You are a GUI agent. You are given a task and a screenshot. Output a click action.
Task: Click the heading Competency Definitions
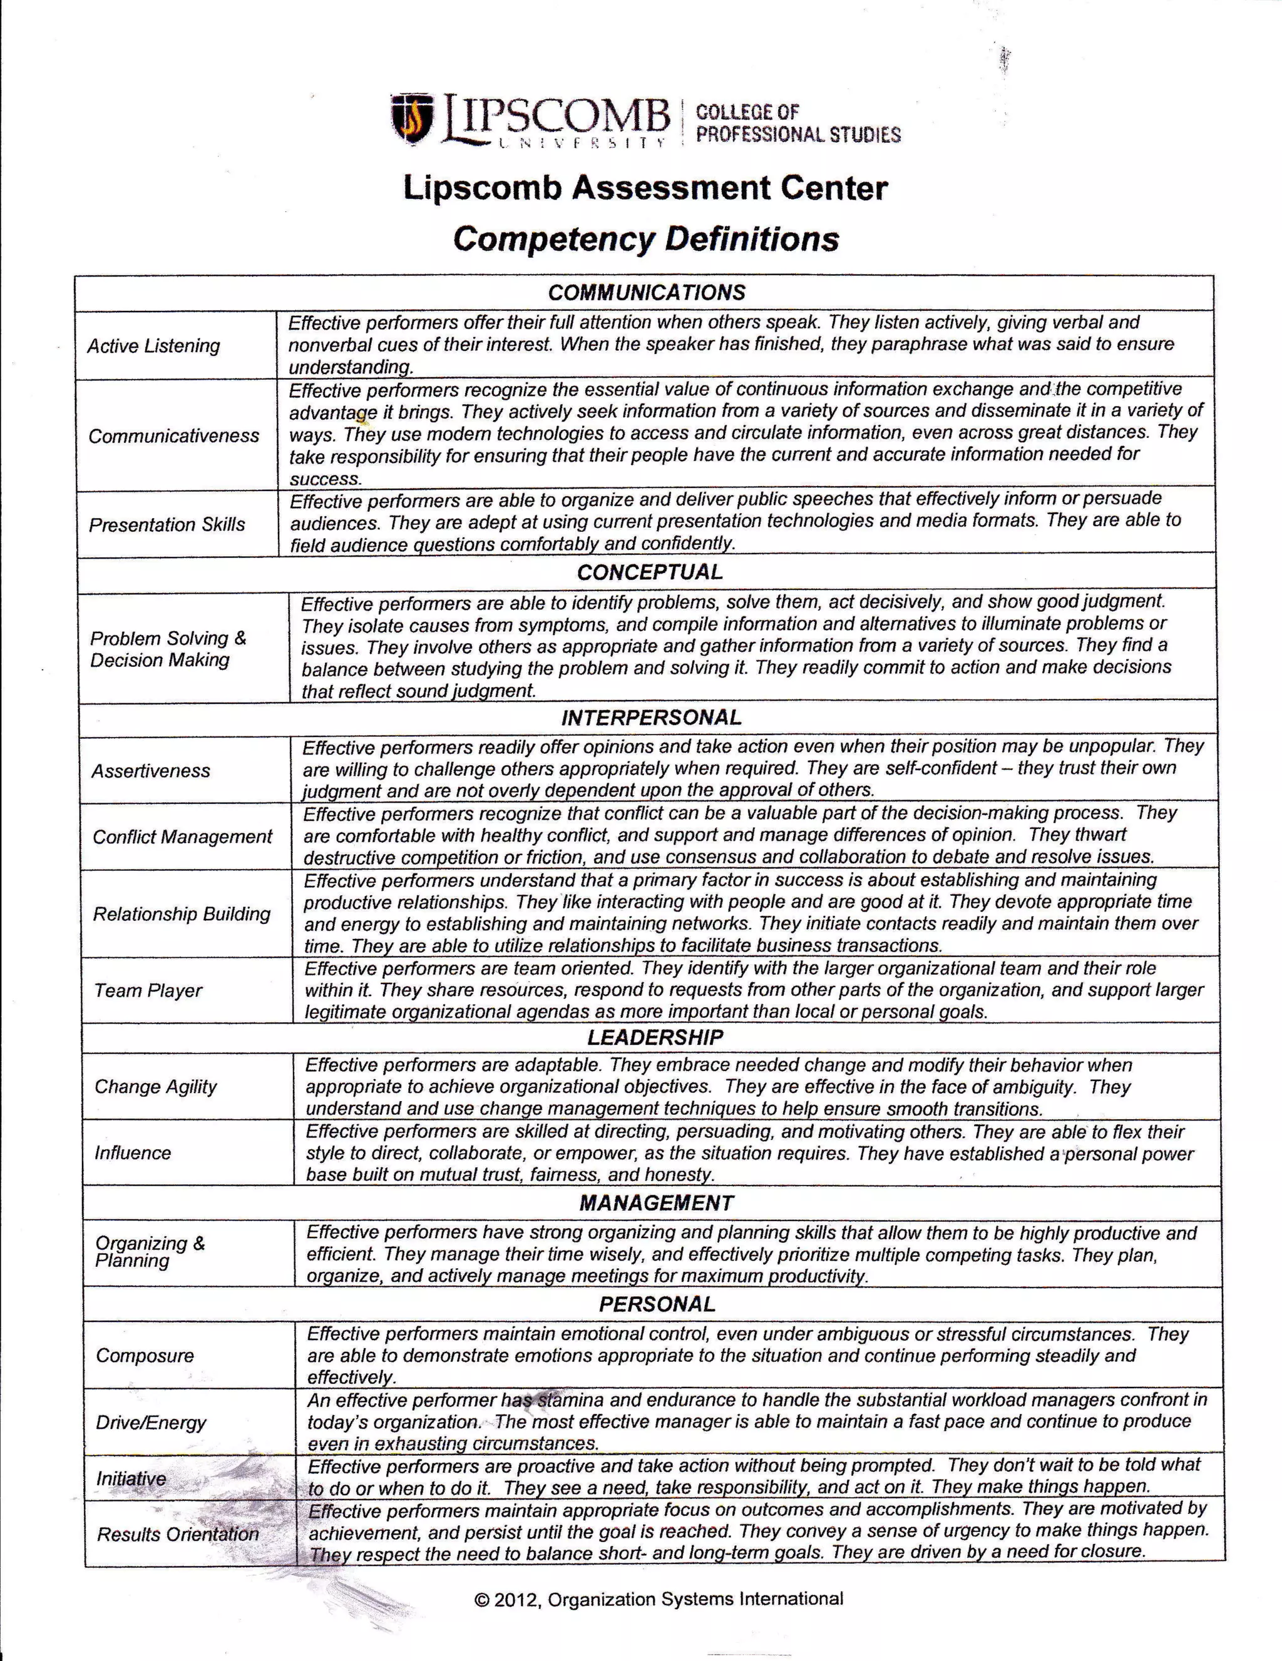tap(645, 239)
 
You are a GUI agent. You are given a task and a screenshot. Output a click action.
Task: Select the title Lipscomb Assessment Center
tap(645, 188)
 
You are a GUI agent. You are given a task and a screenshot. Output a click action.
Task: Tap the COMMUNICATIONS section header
tap(646, 293)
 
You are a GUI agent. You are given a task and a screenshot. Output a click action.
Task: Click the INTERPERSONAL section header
tap(650, 717)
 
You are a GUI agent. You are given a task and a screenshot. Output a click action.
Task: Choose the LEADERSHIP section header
tap(654, 1037)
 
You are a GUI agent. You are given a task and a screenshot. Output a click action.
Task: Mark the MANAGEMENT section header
tap(656, 1202)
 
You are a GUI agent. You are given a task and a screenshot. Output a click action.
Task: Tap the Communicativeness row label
tap(173, 436)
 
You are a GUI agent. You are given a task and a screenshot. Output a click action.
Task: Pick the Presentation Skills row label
tap(167, 525)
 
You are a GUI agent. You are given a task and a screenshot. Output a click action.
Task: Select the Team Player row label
tap(148, 990)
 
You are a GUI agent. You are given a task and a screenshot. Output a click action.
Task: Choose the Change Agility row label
tap(155, 1086)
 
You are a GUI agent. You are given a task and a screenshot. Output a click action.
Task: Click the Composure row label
tap(145, 1354)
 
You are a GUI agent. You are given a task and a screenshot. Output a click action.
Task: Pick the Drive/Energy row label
tap(151, 1421)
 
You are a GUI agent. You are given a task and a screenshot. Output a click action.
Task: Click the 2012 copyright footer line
tap(658, 1598)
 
